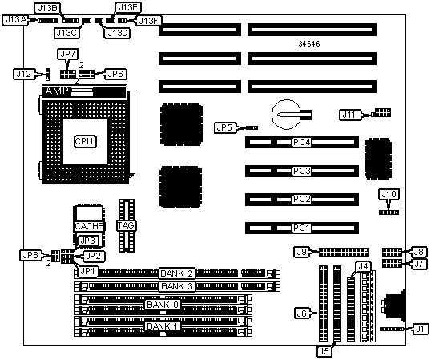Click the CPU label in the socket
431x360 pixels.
pyautogui.click(x=85, y=141)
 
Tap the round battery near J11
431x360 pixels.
pyautogui.click(x=286, y=115)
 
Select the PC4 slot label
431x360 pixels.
pyautogui.click(x=301, y=142)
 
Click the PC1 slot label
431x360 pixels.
pyautogui.click(x=301, y=228)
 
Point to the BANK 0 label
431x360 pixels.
pyautogui.click(x=163, y=305)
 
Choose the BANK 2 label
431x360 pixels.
pyautogui.click(x=177, y=273)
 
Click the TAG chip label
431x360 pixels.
pyautogui.click(x=126, y=225)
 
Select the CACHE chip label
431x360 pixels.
pyautogui.click(x=89, y=226)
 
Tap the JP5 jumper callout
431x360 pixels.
pyautogui.click(x=225, y=127)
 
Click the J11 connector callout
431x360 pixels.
pyautogui.click(x=349, y=115)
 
